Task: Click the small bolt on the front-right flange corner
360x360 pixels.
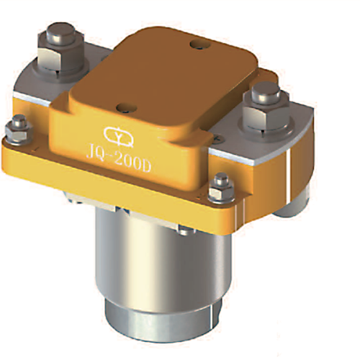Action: click(x=218, y=189)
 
